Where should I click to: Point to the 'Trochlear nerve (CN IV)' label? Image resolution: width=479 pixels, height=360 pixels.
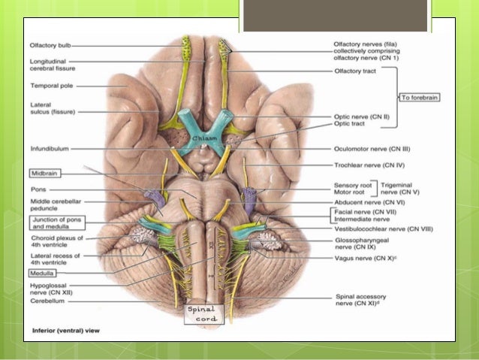[372, 165]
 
